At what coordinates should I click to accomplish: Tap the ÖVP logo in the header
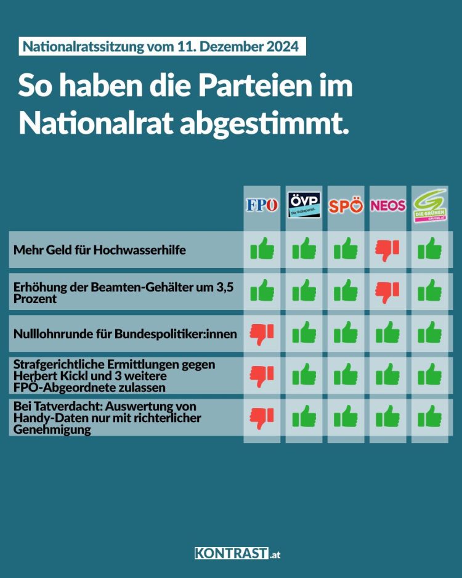tap(304, 205)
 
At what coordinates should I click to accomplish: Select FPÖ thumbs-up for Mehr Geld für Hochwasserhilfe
tap(262, 250)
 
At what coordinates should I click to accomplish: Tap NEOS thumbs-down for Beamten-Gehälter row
tap(388, 291)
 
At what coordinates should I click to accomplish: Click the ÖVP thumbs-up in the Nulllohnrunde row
tap(304, 334)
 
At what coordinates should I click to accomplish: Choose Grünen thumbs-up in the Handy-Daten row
tap(430, 417)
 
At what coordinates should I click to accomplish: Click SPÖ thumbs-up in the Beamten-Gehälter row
tap(346, 290)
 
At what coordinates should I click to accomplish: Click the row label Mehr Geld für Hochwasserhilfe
tap(99, 250)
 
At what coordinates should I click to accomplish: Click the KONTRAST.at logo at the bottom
tap(237, 553)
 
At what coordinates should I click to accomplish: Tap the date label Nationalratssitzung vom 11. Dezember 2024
tap(161, 47)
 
